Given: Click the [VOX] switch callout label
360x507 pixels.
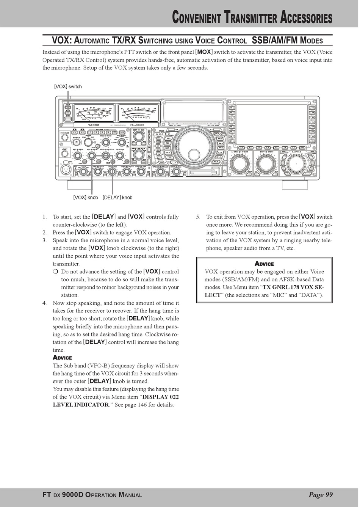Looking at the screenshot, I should point(68,86).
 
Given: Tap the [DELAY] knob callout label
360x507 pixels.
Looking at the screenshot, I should point(117,197).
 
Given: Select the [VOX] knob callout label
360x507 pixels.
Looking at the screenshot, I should point(86,197).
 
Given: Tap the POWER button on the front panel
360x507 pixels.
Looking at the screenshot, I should point(77,142).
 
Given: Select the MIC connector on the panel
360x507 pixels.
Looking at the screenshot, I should point(65,169).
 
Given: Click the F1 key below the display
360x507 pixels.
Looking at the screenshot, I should point(241,148).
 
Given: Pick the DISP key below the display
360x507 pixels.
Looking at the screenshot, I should point(302,148).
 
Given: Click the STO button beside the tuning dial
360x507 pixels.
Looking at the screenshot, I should point(168,138).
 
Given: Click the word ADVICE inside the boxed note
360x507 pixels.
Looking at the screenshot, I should point(264,264).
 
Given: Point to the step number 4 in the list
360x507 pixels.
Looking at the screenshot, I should point(44,303).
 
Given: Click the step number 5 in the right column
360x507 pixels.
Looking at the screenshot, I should point(198,217).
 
